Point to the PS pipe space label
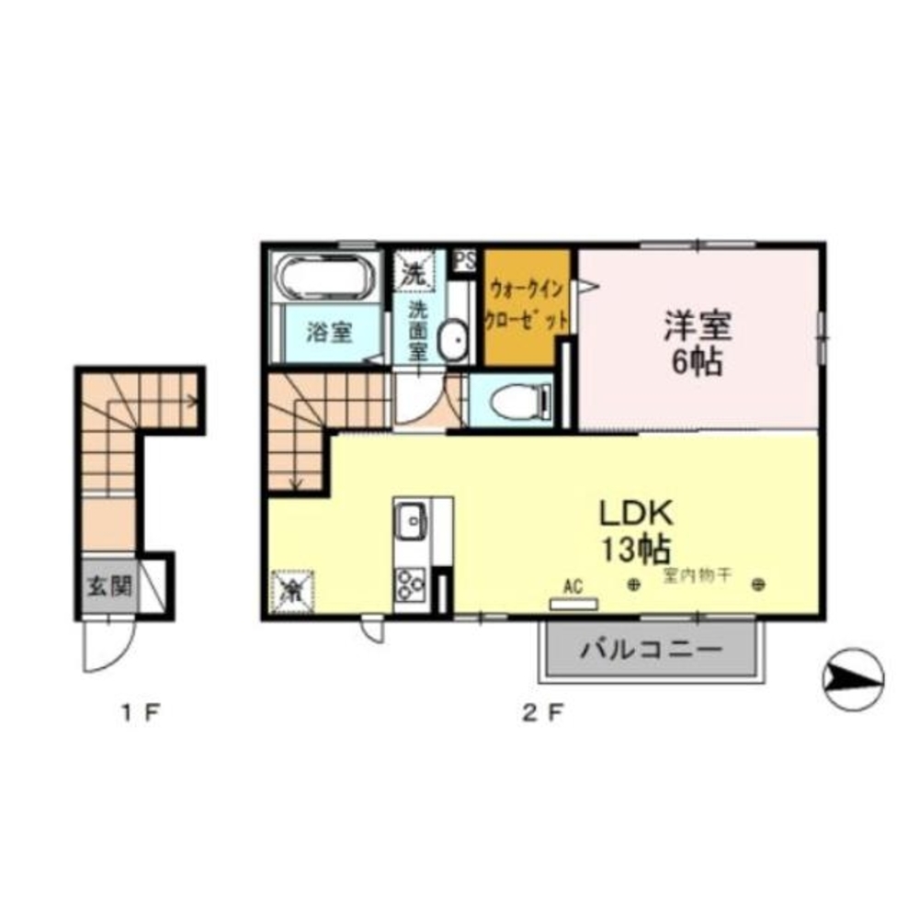(x=465, y=259)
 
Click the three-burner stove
(x=409, y=582)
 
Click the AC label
(x=573, y=584)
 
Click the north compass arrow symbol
(x=853, y=678)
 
